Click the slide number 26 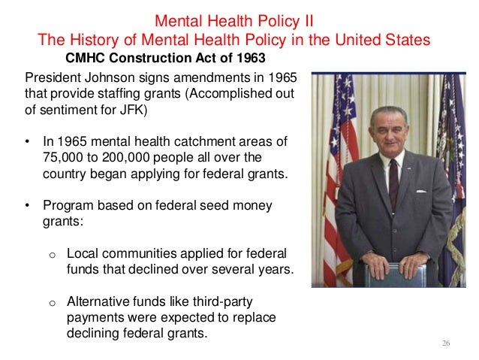446,343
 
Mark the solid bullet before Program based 29,205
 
